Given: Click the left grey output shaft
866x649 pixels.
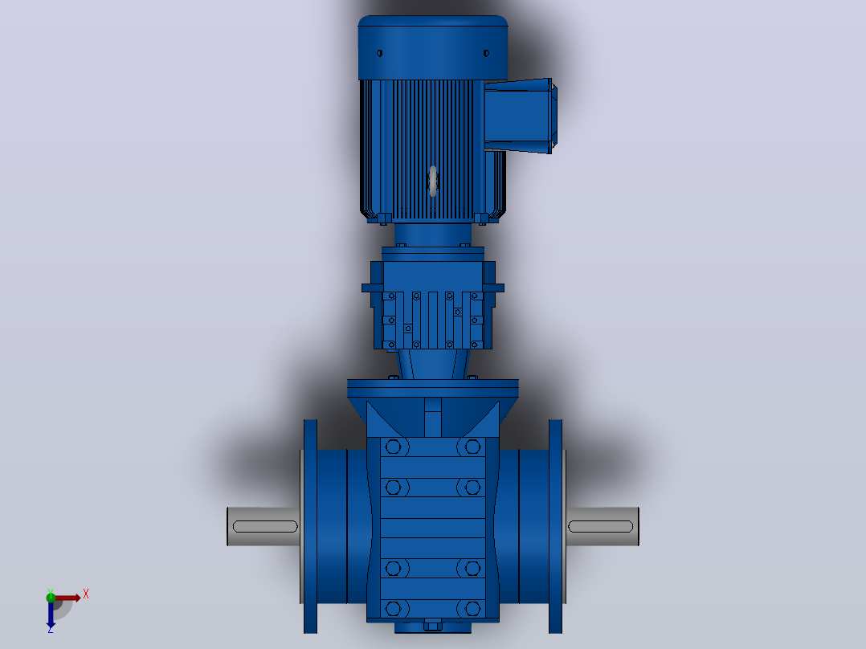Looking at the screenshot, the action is click(263, 526).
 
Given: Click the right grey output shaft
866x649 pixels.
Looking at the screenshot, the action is click(603, 526).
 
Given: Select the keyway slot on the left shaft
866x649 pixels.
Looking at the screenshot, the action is click(265, 526).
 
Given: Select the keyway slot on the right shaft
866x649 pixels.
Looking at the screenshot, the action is click(600, 526).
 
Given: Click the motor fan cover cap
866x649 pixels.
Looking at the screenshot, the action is click(433, 47).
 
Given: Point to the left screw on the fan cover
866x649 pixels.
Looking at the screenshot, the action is click(379, 54).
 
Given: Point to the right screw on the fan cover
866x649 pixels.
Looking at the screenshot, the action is click(486, 54).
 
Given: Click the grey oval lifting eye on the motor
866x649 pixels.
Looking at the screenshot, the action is click(433, 182).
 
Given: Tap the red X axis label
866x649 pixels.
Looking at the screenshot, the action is click(86, 594).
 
